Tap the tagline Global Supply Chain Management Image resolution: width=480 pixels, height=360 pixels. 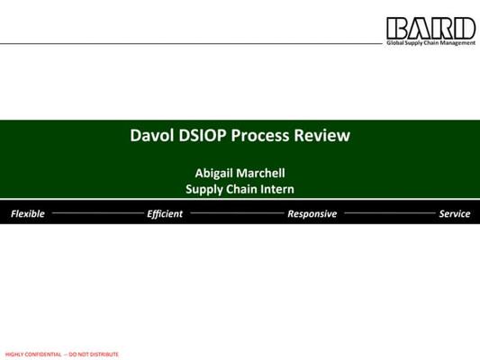(431, 43)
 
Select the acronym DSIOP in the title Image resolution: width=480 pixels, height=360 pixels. (203, 135)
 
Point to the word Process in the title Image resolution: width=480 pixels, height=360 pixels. (260, 135)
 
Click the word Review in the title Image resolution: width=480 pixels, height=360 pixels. (322, 135)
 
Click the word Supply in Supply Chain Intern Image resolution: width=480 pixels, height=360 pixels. (204, 189)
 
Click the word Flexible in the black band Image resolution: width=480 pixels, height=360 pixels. (28, 213)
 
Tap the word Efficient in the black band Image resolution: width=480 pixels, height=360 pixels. (165, 213)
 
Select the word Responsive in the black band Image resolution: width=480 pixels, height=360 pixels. (312, 214)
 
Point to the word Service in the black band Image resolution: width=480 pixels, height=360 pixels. (455, 213)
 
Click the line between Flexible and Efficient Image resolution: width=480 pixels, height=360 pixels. (97, 213)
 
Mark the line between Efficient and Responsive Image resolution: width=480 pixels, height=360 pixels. (238, 213)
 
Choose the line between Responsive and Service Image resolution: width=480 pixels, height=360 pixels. (390, 213)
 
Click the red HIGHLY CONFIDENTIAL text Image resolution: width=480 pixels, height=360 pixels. (33, 355)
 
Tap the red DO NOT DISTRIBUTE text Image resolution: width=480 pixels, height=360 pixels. (94, 355)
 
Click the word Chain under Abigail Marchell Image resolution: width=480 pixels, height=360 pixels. (241, 189)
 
